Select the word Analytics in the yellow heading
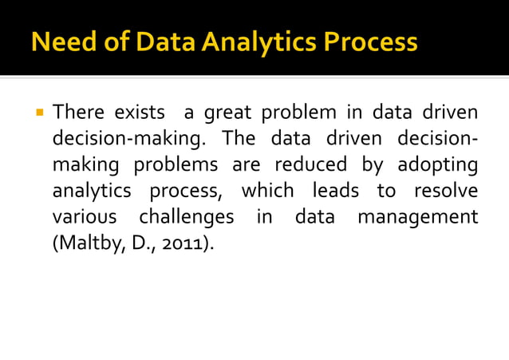(x=251, y=41)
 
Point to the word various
(x=82, y=218)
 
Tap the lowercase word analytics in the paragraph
(x=89, y=192)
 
